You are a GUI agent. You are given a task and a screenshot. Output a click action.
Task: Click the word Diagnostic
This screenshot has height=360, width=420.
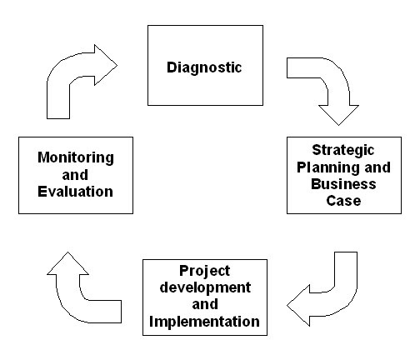pyautogui.click(x=204, y=67)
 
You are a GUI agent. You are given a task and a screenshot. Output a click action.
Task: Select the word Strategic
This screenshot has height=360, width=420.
pyautogui.click(x=343, y=151)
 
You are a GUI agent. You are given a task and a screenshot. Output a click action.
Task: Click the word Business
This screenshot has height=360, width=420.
pyautogui.click(x=343, y=184)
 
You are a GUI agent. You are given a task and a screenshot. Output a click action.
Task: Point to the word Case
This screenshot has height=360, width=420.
pyautogui.click(x=343, y=201)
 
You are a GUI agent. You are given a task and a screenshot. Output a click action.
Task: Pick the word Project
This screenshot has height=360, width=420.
pyautogui.click(x=205, y=271)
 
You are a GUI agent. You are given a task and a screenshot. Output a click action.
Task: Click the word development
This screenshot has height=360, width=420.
pyautogui.click(x=205, y=287)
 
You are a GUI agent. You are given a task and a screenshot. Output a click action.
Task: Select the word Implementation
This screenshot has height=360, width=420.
pyautogui.click(x=204, y=322)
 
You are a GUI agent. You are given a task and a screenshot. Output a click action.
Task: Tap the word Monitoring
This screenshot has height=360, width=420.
pyautogui.click(x=76, y=158)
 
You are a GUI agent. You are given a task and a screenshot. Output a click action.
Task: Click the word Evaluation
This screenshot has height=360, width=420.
pyautogui.click(x=76, y=192)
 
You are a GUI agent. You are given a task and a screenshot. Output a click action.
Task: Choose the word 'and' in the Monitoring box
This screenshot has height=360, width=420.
pyautogui.click(x=75, y=175)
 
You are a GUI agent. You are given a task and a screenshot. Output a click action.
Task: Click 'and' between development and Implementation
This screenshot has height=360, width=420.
pyautogui.click(x=205, y=304)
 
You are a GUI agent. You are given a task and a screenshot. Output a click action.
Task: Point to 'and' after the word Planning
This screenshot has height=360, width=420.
pyautogui.click(x=377, y=167)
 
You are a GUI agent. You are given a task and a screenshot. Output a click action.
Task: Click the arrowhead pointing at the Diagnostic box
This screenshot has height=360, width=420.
pyautogui.click(x=106, y=65)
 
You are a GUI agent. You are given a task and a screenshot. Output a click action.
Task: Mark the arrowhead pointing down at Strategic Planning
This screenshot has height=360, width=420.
pyautogui.click(x=338, y=114)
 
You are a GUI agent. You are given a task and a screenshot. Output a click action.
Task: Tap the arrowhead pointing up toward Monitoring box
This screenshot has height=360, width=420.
pyautogui.click(x=68, y=264)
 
